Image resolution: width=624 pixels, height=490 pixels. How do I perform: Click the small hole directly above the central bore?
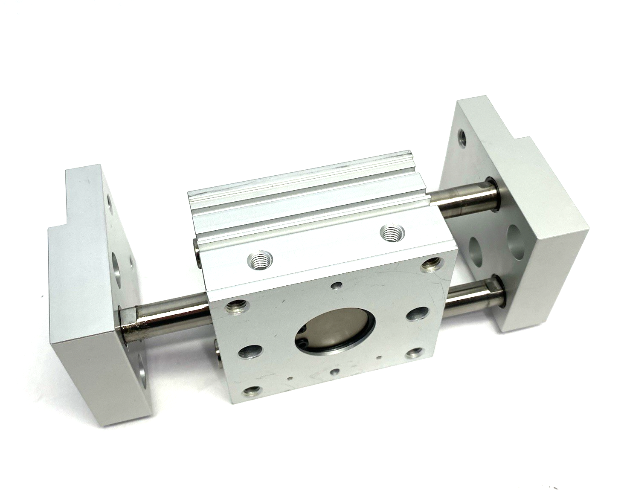pos(337,285)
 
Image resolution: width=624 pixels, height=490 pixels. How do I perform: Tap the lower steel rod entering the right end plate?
pos(473,294)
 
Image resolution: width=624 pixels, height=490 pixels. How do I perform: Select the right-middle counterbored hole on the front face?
pos(415,314)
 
